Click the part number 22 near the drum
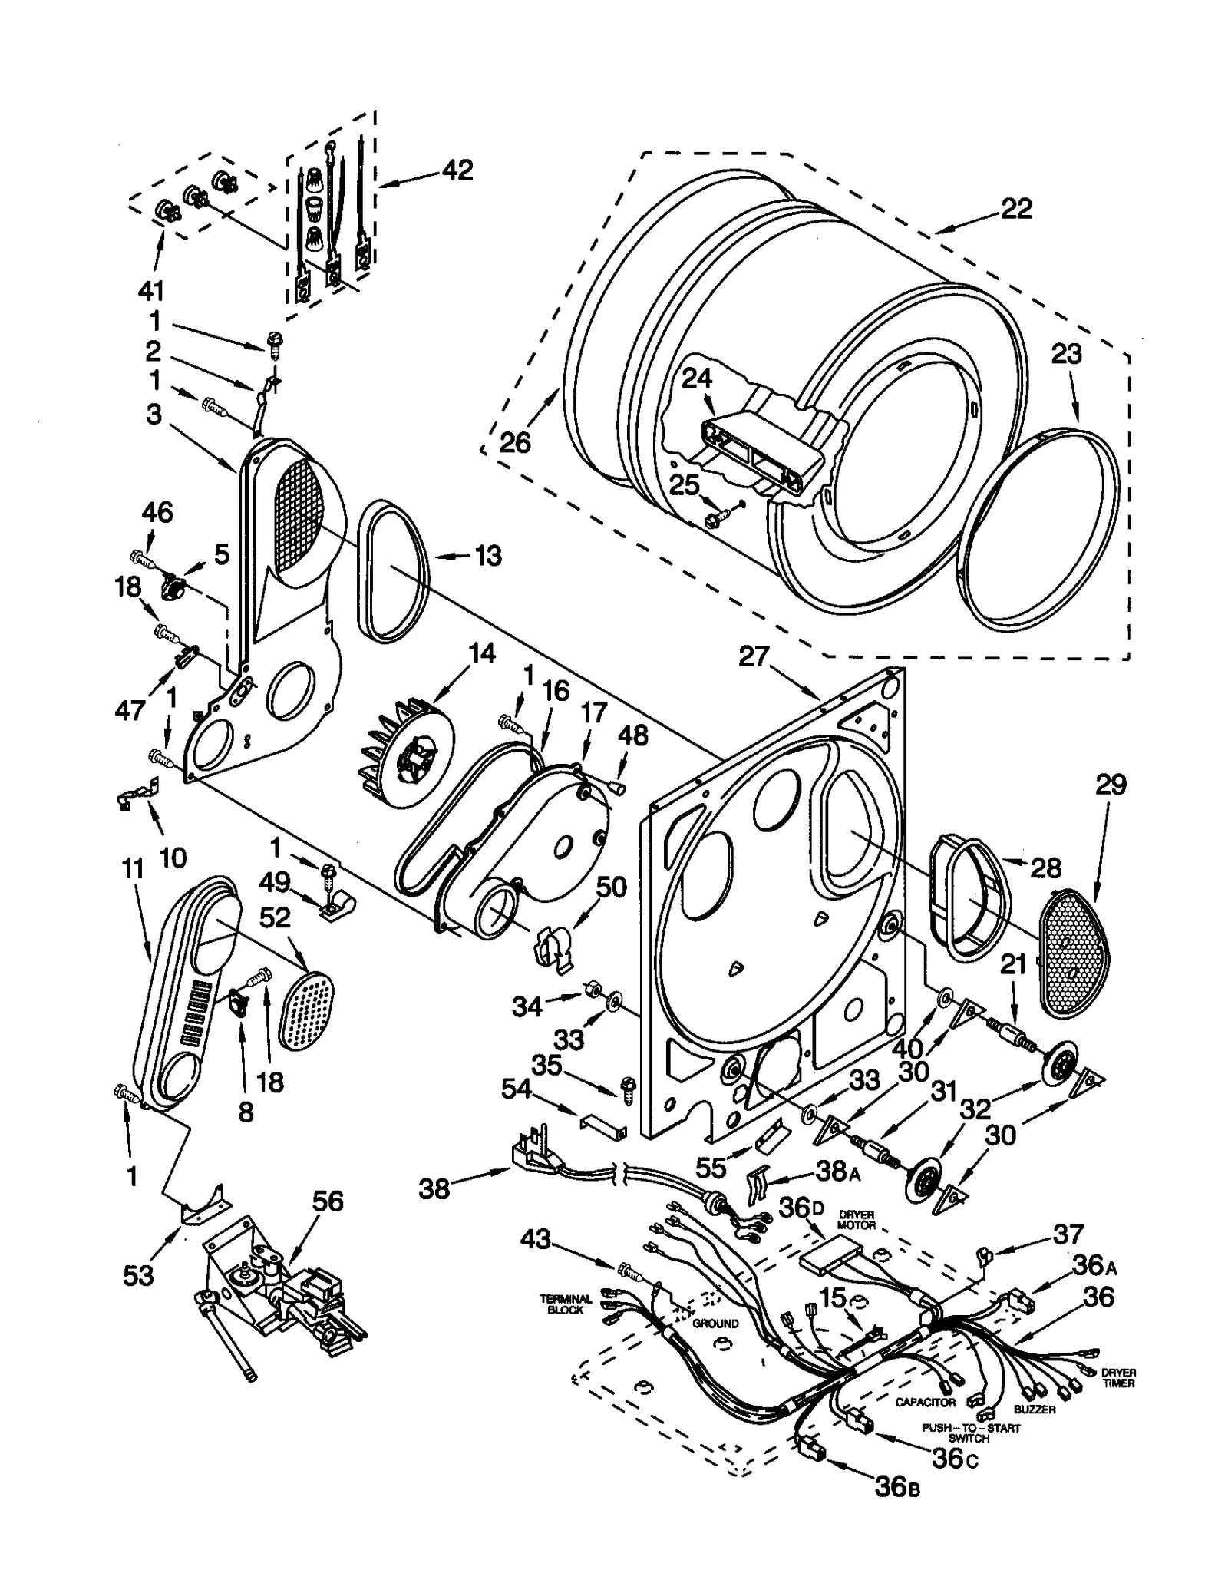[1016, 208]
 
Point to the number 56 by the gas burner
[328, 1201]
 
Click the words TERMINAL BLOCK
[566, 1304]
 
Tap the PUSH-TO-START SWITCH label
[971, 1433]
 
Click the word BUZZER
[1035, 1410]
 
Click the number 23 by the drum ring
[1066, 354]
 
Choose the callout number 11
[132, 869]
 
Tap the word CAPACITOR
[926, 1402]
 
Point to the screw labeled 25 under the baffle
[711, 520]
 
